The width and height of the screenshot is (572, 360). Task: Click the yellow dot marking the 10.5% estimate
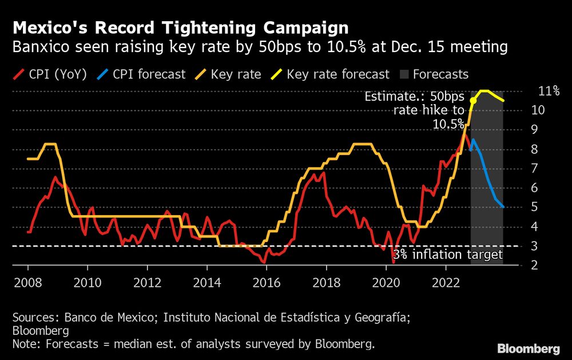472,101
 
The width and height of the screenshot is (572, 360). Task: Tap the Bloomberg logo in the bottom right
528,348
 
